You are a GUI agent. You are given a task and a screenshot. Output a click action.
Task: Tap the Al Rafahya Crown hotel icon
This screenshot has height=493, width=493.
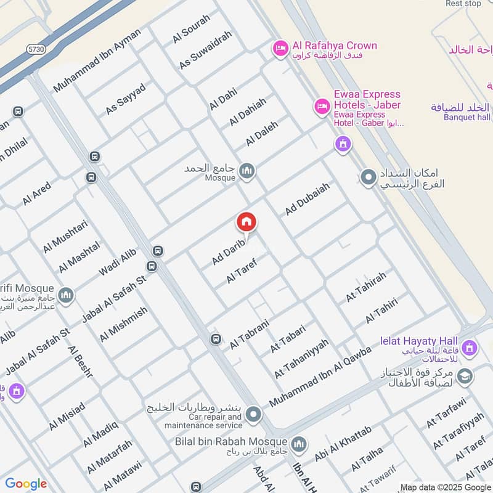coord(281,47)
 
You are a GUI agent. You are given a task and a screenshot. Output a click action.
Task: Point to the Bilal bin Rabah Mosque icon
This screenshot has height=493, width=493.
coord(299,444)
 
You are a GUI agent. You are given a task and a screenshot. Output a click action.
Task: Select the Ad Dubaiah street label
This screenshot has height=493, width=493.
coord(308,198)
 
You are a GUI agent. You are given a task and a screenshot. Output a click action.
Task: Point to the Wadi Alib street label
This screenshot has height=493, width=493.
coord(117,264)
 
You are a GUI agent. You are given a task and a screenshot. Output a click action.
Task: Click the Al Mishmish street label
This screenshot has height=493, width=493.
coord(124,324)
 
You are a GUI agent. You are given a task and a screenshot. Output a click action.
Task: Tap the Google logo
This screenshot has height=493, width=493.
coord(26,484)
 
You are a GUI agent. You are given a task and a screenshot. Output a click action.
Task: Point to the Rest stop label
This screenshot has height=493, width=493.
coord(463,4)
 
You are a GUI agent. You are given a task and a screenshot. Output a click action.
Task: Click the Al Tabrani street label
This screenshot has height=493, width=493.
coord(250,335)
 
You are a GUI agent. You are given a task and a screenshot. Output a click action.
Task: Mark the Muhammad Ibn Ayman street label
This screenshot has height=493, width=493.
coord(102,60)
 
